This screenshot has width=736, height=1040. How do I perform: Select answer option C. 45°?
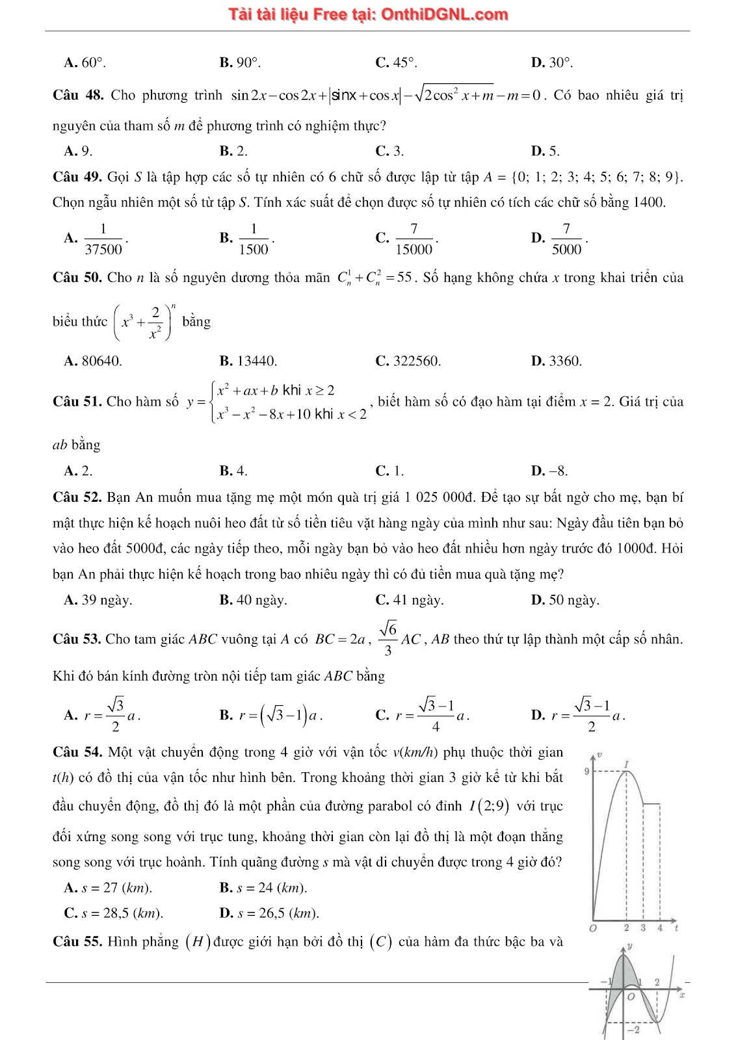396,62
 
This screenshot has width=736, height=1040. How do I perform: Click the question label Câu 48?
78,96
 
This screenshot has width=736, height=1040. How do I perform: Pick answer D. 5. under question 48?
545,151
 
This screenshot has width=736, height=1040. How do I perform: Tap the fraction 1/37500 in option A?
103,239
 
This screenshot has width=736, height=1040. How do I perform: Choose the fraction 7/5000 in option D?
566,239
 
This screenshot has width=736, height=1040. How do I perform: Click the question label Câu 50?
77,278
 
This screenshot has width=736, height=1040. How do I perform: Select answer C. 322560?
408,361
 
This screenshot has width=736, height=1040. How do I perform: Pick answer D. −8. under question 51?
549,471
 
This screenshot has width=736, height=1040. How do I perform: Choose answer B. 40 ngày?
253,600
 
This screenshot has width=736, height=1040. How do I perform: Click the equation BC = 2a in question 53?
340,639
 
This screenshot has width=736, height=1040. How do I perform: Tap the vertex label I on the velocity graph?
627,763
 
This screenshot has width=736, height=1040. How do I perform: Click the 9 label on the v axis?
586,772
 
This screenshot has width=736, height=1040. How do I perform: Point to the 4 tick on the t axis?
659,928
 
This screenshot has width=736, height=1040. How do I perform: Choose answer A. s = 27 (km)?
108,888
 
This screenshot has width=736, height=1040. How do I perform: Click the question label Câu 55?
77,942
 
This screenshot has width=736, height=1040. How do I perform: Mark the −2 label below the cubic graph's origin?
632,1030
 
